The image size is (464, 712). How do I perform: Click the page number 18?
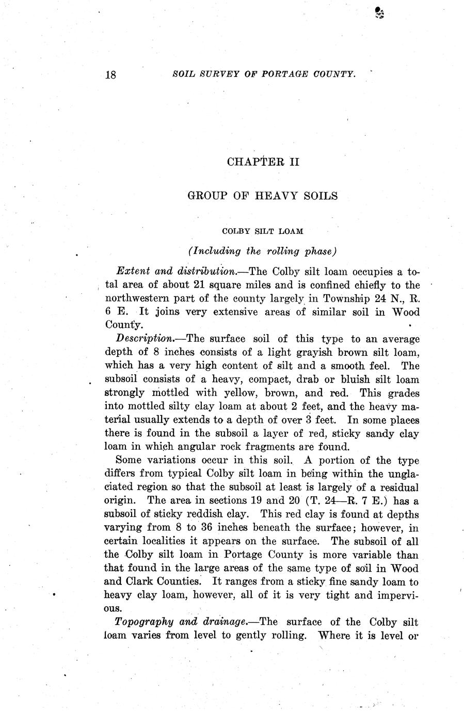(x=111, y=75)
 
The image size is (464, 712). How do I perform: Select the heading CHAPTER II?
(x=263, y=162)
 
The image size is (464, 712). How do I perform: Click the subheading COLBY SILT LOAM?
(x=263, y=231)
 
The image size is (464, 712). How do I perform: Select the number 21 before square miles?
(x=199, y=285)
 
